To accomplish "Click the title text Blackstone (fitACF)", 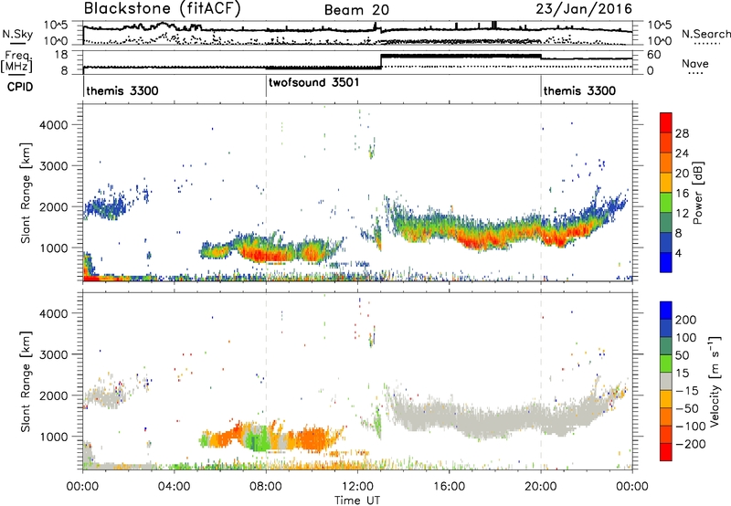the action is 162,8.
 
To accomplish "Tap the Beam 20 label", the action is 356,10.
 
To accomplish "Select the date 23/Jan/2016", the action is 584,9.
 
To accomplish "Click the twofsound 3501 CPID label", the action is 313,82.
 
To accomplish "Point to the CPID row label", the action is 19,87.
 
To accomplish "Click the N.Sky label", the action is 17,34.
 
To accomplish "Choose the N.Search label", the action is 705,34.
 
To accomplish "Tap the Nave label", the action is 695,63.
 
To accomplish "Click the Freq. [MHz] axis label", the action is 16,61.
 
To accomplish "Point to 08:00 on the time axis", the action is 266,487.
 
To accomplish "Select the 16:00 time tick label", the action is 449,487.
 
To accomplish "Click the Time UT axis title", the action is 357,501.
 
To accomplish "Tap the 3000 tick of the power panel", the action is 54,166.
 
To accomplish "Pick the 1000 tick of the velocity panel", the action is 54,437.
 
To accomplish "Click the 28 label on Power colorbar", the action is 682,133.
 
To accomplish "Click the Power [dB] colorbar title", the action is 698,193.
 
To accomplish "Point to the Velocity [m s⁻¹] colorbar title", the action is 715,381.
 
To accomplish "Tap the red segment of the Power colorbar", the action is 666,123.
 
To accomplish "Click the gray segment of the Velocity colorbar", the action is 666,373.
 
